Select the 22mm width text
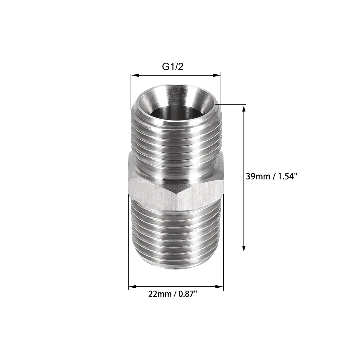pyautogui.click(x=158, y=294)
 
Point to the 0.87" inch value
pyautogui.click(x=187, y=294)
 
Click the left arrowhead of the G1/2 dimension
pyautogui.click(x=134, y=76)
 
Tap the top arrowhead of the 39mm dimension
pyautogui.click(x=243, y=108)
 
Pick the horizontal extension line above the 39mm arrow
pyautogui.click(x=234, y=105)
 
